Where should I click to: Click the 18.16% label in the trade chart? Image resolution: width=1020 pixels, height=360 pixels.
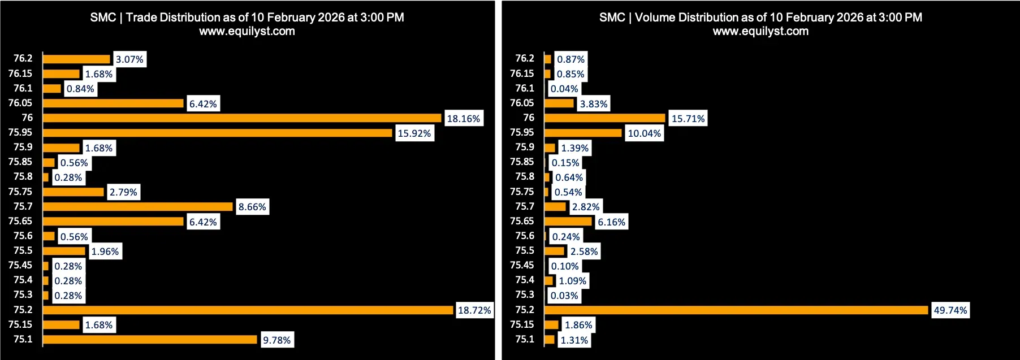click(463, 119)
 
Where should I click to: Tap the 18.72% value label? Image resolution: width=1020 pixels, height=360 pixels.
click(474, 310)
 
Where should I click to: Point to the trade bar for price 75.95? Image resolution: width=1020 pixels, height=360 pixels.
click(218, 133)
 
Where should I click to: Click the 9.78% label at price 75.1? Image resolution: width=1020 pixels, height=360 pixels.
click(276, 340)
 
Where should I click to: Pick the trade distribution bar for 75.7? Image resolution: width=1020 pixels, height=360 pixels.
click(138, 207)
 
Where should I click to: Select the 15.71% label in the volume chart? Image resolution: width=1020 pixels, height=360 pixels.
click(688, 119)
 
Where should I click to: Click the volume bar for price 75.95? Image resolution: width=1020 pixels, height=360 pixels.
click(583, 133)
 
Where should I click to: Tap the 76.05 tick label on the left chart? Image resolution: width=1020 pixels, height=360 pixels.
click(20, 103)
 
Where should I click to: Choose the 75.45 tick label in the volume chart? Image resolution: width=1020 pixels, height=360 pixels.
click(522, 265)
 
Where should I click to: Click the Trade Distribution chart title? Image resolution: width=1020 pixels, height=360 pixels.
click(247, 18)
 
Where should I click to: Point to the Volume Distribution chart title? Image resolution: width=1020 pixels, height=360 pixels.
click(760, 18)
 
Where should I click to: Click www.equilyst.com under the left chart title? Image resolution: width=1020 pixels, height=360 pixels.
click(247, 32)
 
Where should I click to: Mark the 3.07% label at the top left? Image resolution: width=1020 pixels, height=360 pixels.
click(129, 59)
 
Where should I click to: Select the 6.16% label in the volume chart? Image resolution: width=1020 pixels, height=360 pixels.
click(611, 222)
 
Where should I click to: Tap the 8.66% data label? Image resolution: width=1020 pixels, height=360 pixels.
click(252, 207)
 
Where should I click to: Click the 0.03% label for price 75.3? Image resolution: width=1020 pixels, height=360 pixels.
click(564, 296)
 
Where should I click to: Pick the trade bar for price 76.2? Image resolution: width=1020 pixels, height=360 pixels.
click(76, 59)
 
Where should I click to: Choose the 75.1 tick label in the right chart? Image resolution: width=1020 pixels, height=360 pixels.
click(525, 339)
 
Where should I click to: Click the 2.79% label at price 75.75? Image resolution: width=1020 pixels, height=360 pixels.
click(123, 192)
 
